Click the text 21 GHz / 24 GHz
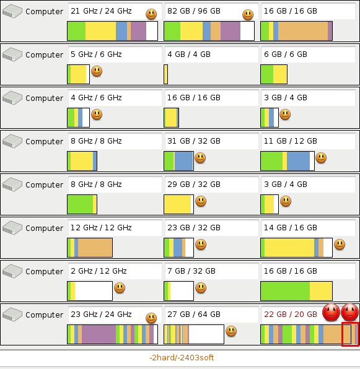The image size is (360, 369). pos(101,11)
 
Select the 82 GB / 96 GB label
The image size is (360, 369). pos(194,11)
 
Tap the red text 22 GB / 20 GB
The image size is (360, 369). pos(291,314)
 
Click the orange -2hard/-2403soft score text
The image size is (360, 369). pos(182,357)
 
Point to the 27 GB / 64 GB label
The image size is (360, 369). pos(194,314)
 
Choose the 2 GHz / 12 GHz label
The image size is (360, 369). pos(99,271)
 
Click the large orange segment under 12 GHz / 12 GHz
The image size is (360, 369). pos(95,248)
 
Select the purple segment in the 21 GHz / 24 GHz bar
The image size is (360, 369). pos(138,31)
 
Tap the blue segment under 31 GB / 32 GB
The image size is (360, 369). pos(183,161)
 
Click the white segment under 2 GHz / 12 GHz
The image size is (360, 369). pos(94,291)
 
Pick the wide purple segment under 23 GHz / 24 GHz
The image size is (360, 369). pos(99,334)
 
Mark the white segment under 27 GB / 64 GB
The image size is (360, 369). pos(206,334)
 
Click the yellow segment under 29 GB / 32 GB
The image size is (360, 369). pos(177,204)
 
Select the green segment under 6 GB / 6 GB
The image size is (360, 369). pos(267,74)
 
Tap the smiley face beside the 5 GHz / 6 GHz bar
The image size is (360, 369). pos(97,71)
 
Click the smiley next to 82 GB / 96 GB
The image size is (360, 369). pos(248,15)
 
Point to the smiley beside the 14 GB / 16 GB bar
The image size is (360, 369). pos(340,245)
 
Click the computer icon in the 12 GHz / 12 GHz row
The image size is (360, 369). pos(12,228)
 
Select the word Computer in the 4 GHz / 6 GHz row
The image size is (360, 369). pos(44,98)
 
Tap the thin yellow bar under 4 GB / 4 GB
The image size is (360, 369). pos(166,74)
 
